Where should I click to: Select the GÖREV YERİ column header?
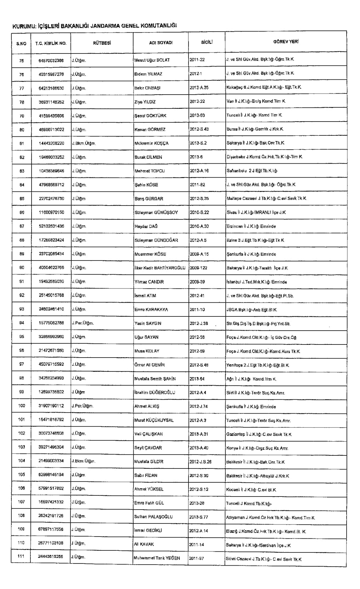[x=286, y=42]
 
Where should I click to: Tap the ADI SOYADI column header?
[x=161, y=43]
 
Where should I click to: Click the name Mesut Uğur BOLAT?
[x=152, y=60]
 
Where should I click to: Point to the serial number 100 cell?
[x=22, y=406]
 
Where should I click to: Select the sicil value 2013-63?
[x=197, y=116]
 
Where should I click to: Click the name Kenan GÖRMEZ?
[x=150, y=130]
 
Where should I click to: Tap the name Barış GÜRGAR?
[x=149, y=199]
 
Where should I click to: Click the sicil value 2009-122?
[x=198, y=268]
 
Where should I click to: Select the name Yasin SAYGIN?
[x=148, y=324]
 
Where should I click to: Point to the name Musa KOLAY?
[x=147, y=351]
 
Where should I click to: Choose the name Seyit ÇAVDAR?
[x=148, y=448]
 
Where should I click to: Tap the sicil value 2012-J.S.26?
[x=201, y=462]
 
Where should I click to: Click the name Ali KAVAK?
[x=144, y=544]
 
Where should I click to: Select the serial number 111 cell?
[x=21, y=556]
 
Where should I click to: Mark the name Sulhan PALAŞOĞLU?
[x=153, y=517]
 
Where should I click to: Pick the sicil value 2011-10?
[x=197, y=309]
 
